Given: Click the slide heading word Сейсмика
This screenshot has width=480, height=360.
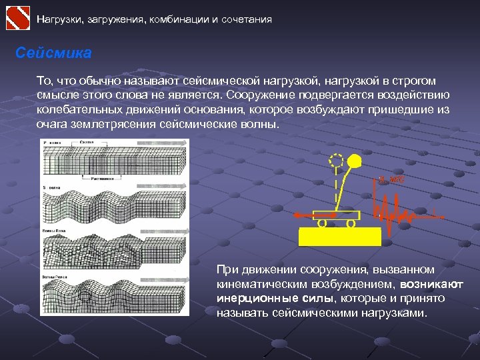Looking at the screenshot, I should (x=53, y=53).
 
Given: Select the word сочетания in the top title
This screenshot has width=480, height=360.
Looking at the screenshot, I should (x=246, y=19).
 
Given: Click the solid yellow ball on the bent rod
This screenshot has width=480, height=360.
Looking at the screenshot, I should (x=354, y=161).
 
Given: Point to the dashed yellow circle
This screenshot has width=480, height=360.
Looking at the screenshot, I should (x=335, y=161).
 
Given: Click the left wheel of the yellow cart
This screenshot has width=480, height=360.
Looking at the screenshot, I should (x=321, y=224).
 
